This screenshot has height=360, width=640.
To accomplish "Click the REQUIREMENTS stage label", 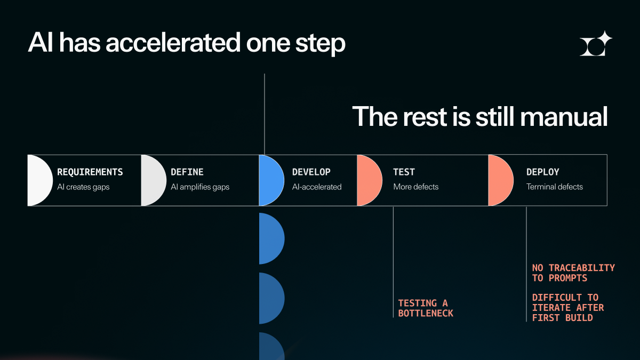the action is pyautogui.click(x=90, y=172).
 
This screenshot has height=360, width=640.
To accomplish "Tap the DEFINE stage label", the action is pyautogui.click(x=187, y=172).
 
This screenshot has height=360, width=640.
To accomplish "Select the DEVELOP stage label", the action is pyautogui.click(x=311, y=172).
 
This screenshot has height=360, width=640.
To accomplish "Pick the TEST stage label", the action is pyautogui.click(x=404, y=172).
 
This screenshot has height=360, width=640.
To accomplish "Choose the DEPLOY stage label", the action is pyautogui.click(x=542, y=172).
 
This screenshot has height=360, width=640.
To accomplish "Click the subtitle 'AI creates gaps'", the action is pyautogui.click(x=83, y=187).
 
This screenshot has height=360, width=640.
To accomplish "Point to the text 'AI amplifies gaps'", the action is pyautogui.click(x=200, y=187).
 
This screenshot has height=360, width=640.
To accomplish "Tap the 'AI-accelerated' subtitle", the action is pyautogui.click(x=317, y=187).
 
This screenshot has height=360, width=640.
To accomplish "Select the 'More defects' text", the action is pyautogui.click(x=415, y=187).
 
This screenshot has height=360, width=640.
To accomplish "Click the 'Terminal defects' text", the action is pyautogui.click(x=555, y=187).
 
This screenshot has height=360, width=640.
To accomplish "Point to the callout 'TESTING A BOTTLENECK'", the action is pyautogui.click(x=426, y=308).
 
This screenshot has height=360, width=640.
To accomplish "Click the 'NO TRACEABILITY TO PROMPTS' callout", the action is pyautogui.click(x=573, y=273).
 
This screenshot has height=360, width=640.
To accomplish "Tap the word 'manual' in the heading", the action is pyautogui.click(x=564, y=117).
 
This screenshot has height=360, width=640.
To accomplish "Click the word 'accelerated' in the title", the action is pyautogui.click(x=173, y=43).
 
